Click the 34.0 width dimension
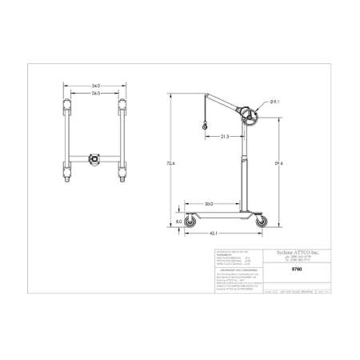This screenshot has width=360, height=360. [94, 85]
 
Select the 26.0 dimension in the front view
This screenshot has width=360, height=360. [94, 93]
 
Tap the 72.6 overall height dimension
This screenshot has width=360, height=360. [170, 163]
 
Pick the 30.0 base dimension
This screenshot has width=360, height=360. [209, 204]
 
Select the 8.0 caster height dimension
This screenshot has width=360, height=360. [178, 222]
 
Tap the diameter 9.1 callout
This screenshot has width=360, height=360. [274, 102]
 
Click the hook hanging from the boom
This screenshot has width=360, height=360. [204, 126]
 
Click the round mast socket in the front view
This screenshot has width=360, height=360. [95, 158]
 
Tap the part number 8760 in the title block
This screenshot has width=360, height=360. [277, 270]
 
